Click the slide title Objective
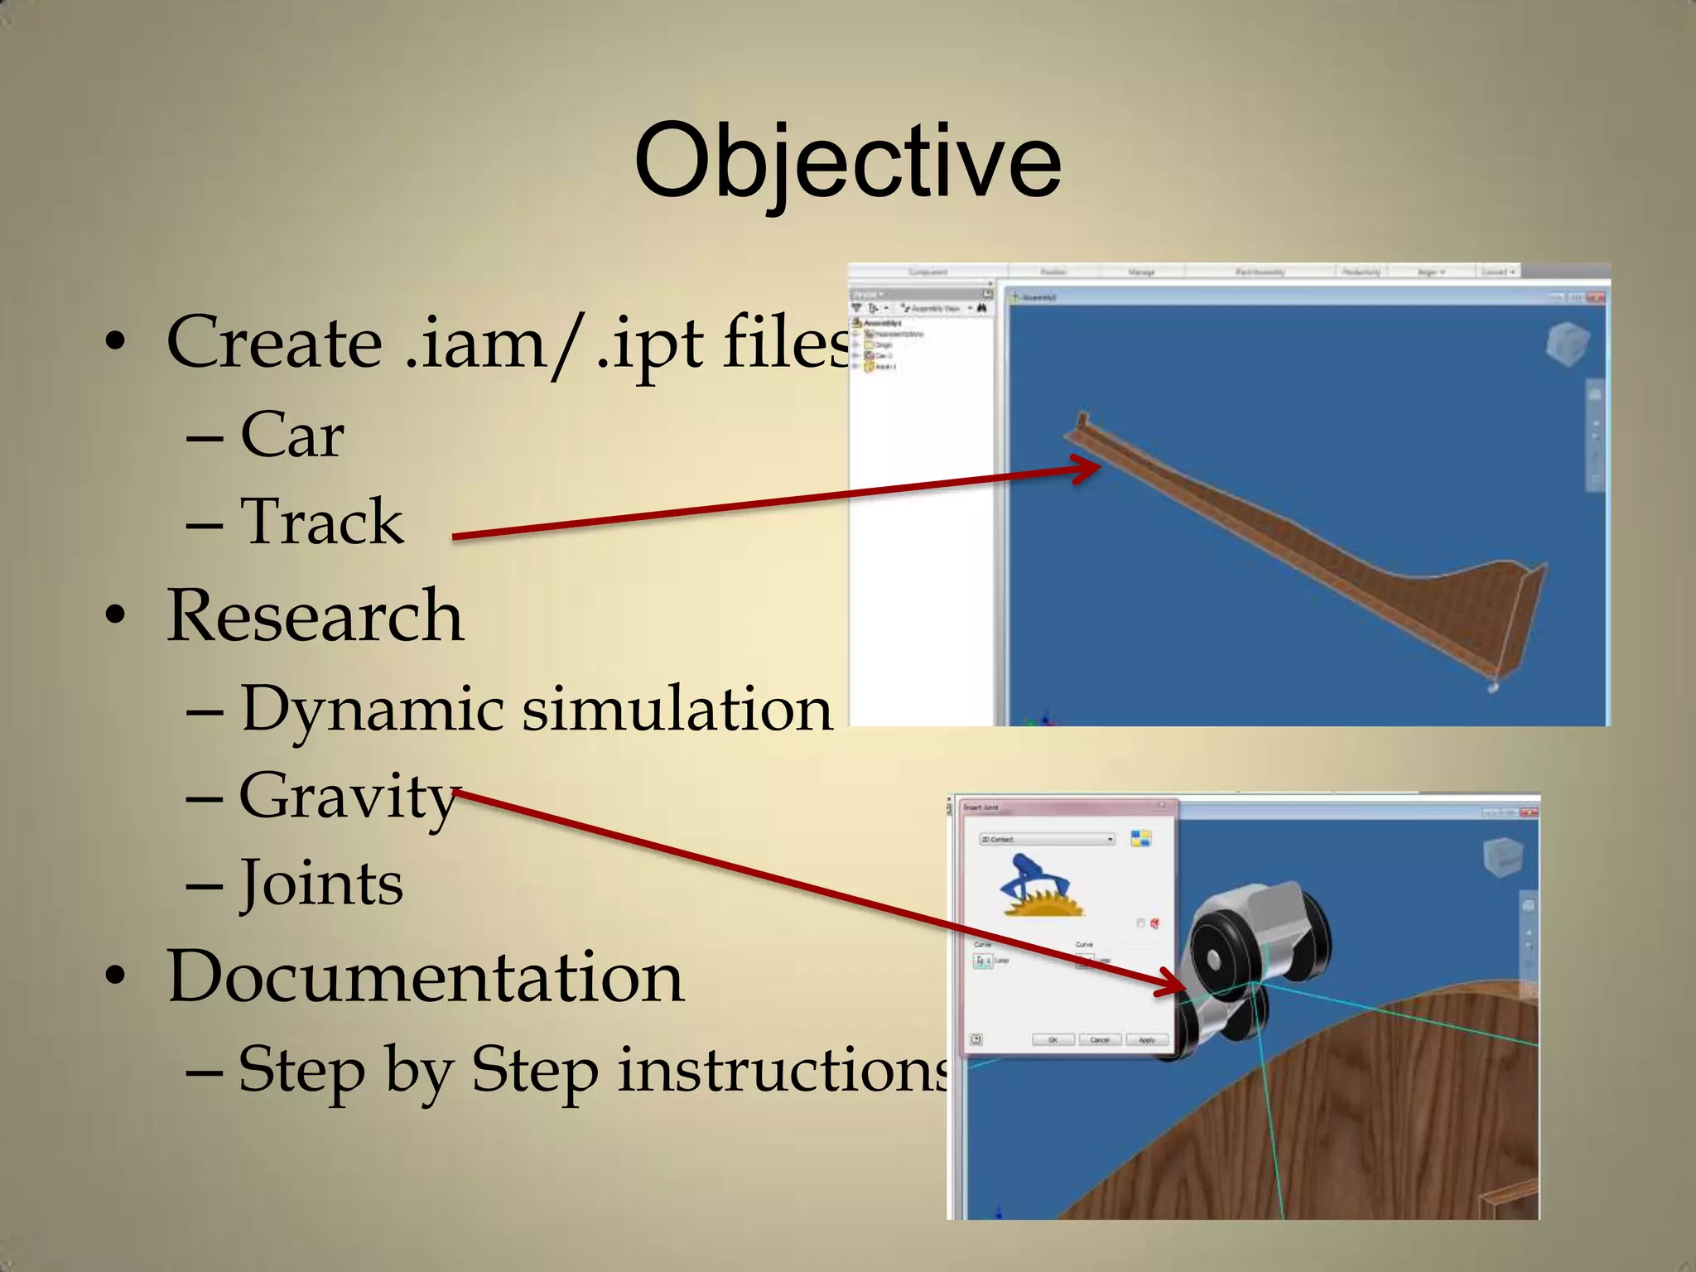847,161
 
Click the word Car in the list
291,435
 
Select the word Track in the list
321,522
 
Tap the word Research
315,616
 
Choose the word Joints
321,884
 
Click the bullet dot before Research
115,616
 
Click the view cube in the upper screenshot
1567,343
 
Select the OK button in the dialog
1053,1040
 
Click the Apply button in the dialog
1147,1040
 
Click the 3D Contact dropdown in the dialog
1047,840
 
